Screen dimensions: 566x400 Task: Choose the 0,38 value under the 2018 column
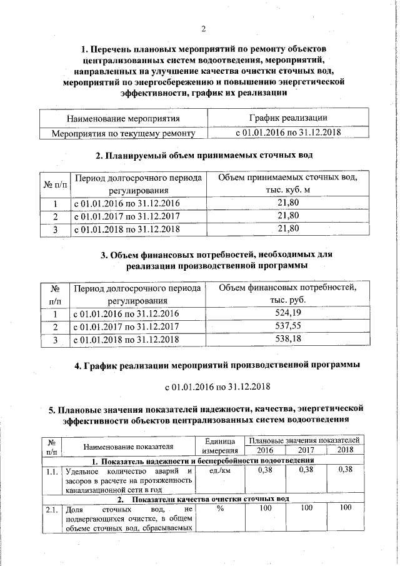pos(345,470)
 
